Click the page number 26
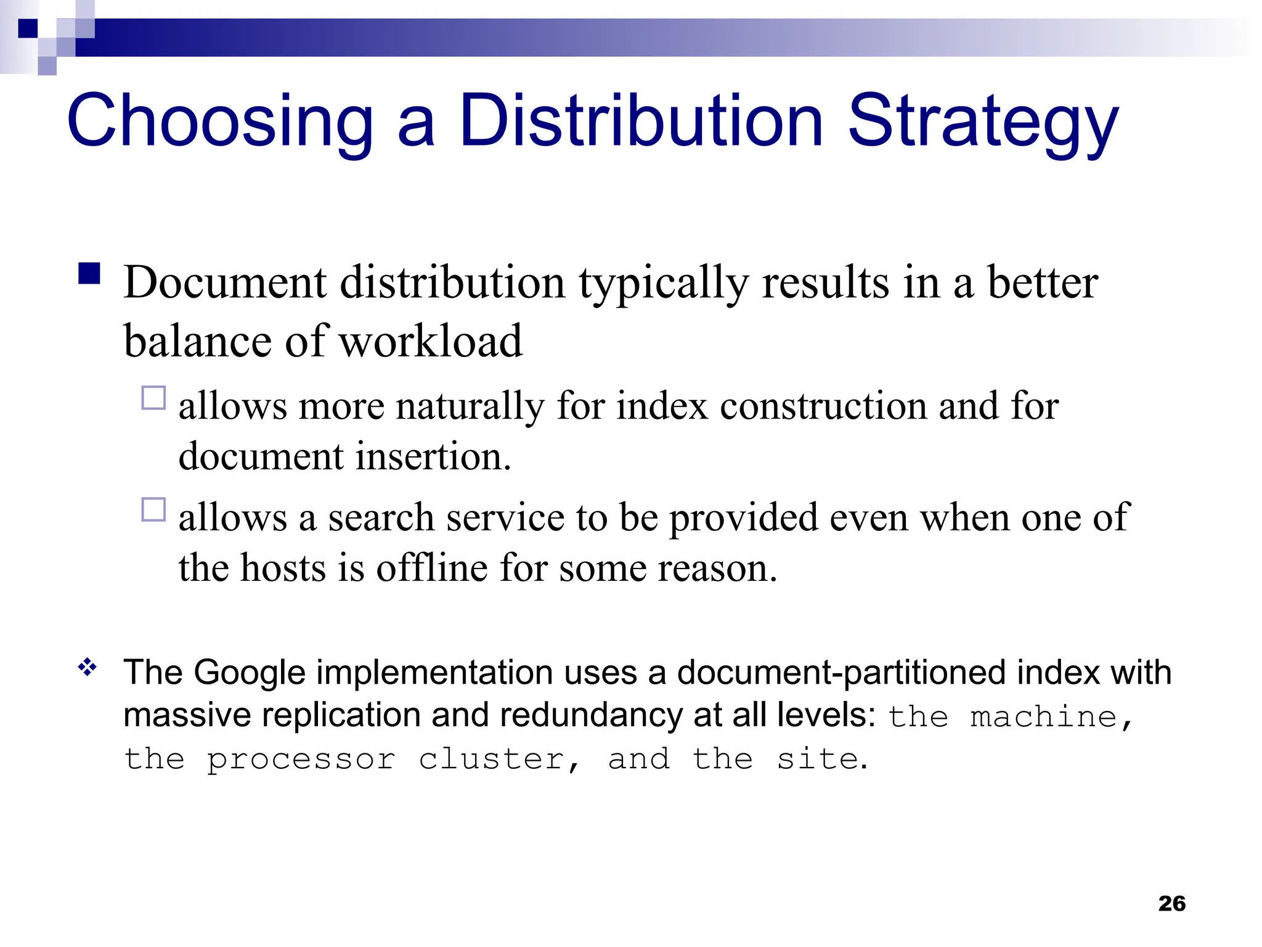tap(1171, 903)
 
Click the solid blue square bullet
tap(90, 273)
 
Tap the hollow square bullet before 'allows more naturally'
tap(153, 398)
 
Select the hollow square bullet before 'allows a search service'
tap(153, 510)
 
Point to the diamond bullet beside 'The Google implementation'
tap(88, 667)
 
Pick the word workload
tap(431, 341)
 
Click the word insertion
tap(433, 457)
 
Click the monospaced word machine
tap(1044, 718)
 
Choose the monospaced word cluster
tap(492, 760)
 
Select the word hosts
tap(283, 567)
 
